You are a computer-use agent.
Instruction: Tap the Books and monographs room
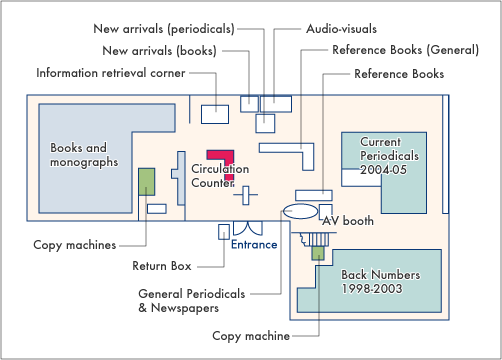[x=85, y=155]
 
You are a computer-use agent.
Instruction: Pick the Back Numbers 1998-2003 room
[x=380, y=285]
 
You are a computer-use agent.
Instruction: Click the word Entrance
[x=254, y=244]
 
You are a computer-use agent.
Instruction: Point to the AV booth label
[x=347, y=221]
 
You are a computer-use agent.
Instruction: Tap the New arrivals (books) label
[x=159, y=50]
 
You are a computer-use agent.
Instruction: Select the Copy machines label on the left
[x=74, y=244]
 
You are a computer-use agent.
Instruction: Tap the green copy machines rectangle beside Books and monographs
[x=147, y=182]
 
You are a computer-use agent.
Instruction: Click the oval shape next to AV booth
[x=300, y=212]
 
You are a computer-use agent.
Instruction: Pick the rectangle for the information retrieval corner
[x=215, y=112]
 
